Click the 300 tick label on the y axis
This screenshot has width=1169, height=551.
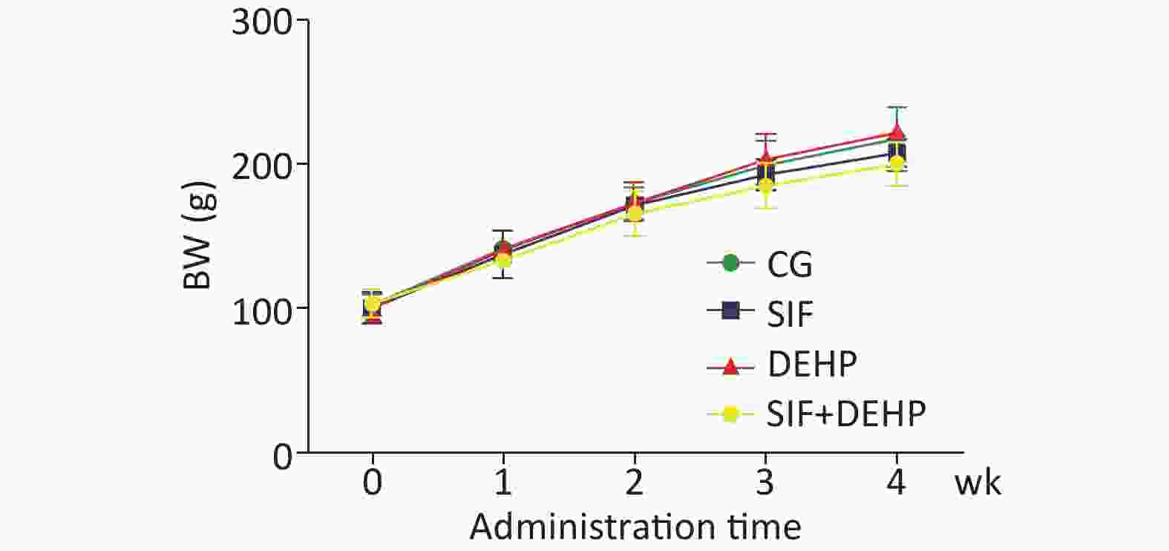tap(261, 22)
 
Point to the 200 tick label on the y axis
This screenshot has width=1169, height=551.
tap(261, 165)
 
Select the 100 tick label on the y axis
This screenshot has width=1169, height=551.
tap(261, 308)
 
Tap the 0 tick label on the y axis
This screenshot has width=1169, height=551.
tap(282, 454)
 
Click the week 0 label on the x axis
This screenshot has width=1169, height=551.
tap(373, 483)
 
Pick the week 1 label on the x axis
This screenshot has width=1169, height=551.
tap(503, 483)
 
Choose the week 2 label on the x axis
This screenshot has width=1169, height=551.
tap(634, 483)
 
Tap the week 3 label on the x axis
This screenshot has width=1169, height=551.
tap(765, 483)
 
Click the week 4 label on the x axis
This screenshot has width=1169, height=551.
tap(896, 483)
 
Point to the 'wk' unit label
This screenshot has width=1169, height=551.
tap(978, 484)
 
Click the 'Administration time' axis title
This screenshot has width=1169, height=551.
tap(635, 527)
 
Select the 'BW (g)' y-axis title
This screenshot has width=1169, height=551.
tap(198, 235)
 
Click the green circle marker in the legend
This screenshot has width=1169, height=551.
tap(730, 263)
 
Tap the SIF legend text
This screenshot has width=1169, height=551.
tap(790, 314)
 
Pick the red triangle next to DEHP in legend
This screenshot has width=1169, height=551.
tap(730, 365)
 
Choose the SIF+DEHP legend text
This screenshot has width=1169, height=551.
tap(846, 413)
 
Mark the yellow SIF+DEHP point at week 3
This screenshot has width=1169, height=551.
tap(765, 186)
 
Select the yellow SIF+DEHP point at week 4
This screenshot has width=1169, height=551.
tap(897, 163)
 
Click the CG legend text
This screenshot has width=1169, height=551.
tap(790, 264)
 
